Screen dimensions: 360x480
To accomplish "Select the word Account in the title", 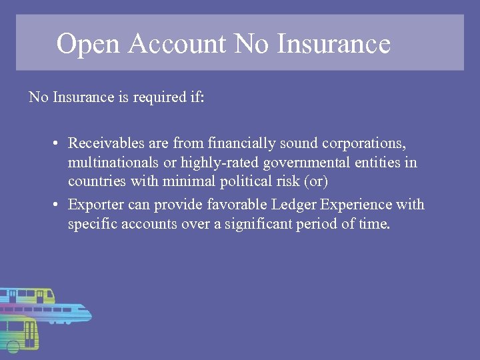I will click(x=178, y=44).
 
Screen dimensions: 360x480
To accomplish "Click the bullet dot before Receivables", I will click(x=57, y=143).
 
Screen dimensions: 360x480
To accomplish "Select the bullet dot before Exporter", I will click(x=57, y=205).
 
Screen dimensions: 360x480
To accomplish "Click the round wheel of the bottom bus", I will click(x=13, y=345).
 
